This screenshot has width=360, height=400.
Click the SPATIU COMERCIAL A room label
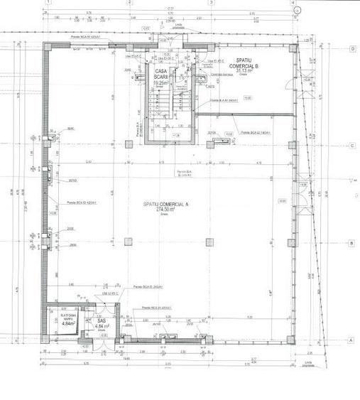tap(165, 204)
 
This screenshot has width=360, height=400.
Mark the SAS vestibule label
tap(102, 321)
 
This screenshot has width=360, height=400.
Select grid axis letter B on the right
tap(351, 243)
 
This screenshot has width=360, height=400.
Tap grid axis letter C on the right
tap(351, 146)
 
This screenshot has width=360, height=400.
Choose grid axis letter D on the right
tap(351, 48)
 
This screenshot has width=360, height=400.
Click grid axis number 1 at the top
tap(47, 2)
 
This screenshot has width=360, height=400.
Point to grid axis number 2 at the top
tap(129, 2)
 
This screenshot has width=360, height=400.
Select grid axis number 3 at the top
tap(211, 2)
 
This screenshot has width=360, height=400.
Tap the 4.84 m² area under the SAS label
tap(102, 327)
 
